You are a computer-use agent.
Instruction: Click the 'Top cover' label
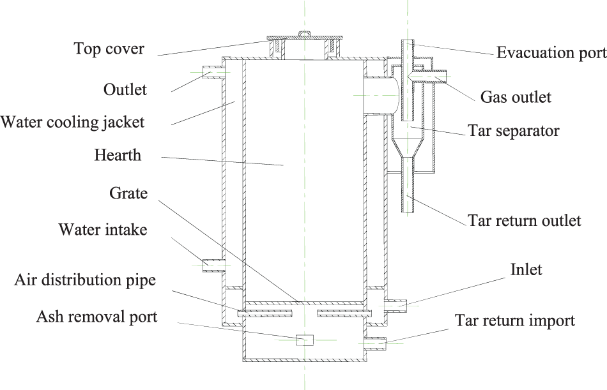point(109,49)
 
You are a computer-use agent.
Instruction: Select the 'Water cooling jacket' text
point(73,121)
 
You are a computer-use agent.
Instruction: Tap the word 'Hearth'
point(118,155)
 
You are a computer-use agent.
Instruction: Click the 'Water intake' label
point(103,229)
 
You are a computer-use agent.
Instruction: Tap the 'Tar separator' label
point(514,131)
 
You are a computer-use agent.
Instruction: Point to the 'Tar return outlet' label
point(525,221)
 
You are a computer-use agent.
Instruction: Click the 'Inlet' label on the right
point(526,269)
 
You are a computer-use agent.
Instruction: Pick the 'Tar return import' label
point(514,320)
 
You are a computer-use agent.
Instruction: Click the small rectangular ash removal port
point(305,340)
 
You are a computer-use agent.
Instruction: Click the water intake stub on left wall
point(211,264)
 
